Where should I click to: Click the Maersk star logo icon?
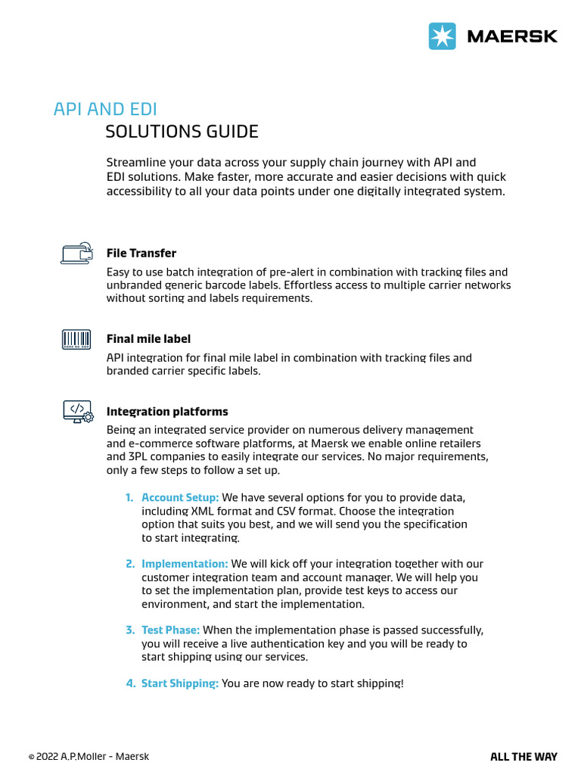pyautogui.click(x=443, y=36)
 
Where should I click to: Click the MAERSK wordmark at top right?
pyautogui.click(x=511, y=36)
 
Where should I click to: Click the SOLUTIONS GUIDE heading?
pyautogui.click(x=182, y=132)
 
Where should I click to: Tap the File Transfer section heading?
pyautogui.click(x=141, y=253)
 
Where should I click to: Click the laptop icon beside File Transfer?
pyautogui.click(x=76, y=253)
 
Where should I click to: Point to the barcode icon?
pyautogui.click(x=76, y=338)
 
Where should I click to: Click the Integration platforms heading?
pyautogui.click(x=167, y=412)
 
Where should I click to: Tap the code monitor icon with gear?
pyautogui.click(x=76, y=412)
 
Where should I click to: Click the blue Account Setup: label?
pyautogui.click(x=180, y=497)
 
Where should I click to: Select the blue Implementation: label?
pyautogui.click(x=185, y=564)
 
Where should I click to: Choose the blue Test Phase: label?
pyautogui.click(x=170, y=630)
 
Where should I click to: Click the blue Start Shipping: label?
pyautogui.click(x=180, y=683)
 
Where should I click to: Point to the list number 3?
pyautogui.click(x=129, y=630)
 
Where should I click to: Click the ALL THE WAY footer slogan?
pyautogui.click(x=524, y=757)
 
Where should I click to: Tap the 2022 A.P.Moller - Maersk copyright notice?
pyautogui.click(x=89, y=757)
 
